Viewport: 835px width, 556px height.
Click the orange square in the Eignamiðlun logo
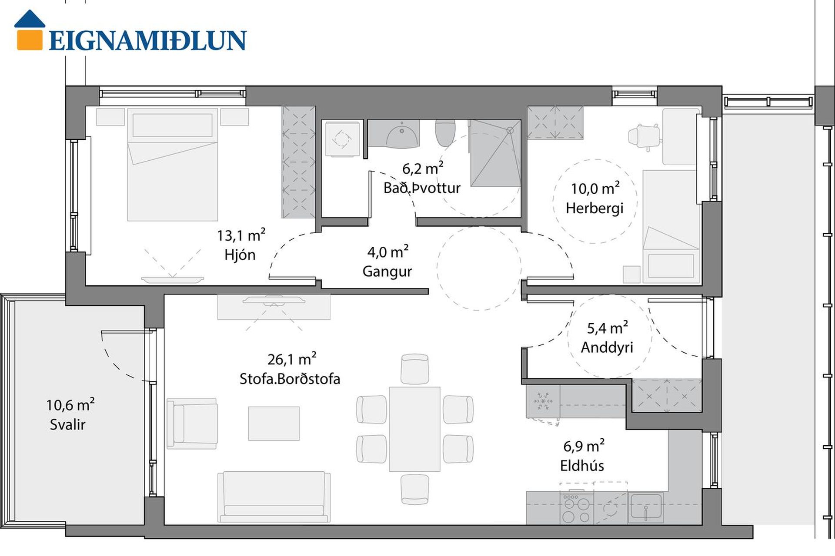tap(30, 39)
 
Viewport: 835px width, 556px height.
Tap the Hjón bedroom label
tap(240, 255)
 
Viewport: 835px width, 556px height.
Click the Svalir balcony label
tap(67, 424)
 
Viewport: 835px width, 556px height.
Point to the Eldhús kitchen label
tap(582, 466)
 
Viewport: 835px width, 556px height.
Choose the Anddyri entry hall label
tap(607, 347)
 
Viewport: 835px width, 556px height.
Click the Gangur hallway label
tap(387, 271)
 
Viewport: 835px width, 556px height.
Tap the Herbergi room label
tap(595, 208)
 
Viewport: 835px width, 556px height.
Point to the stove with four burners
tap(577, 508)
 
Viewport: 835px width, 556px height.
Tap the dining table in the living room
tap(414, 429)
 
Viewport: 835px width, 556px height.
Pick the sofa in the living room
tap(274, 496)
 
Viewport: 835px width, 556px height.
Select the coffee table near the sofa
tap(274, 424)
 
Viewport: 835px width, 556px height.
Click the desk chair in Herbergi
tap(644, 136)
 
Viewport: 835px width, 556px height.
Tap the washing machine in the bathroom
tap(343, 139)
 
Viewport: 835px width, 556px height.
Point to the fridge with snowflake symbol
tap(543, 401)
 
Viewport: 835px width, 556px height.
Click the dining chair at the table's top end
tap(415, 369)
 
